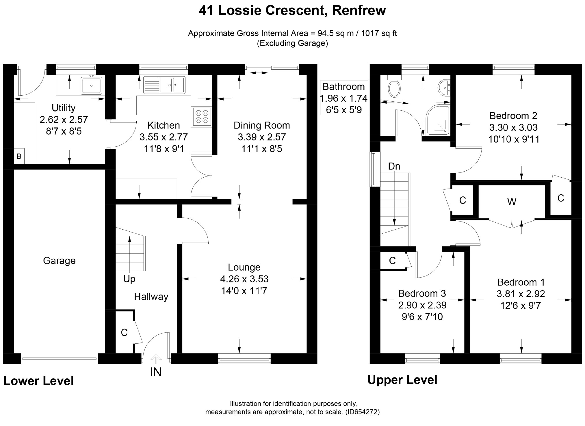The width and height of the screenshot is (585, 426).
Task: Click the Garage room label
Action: point(59,261)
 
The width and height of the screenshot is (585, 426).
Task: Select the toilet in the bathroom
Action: point(394,86)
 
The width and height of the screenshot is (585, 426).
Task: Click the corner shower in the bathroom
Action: point(438,120)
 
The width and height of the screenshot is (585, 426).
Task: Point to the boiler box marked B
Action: point(19,156)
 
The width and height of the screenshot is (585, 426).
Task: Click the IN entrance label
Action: point(156,372)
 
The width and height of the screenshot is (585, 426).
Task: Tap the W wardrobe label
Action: point(512,202)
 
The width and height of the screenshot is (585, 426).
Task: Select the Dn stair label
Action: point(394,166)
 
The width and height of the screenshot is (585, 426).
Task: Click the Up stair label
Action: point(129,279)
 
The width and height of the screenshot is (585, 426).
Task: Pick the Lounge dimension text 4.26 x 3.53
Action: point(244,279)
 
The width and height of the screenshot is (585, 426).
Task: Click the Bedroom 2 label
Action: point(513,116)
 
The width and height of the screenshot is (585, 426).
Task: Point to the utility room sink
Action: point(92,86)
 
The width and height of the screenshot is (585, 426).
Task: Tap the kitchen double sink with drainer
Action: point(164,85)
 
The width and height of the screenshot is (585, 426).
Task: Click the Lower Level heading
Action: point(38,381)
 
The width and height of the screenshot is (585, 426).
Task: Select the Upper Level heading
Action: point(402,380)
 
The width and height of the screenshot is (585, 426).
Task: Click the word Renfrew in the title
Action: point(359,10)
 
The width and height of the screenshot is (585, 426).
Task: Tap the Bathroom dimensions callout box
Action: point(344,98)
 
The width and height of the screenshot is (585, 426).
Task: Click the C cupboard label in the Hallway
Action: point(124,333)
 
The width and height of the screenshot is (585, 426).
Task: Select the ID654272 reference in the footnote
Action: point(363,412)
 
